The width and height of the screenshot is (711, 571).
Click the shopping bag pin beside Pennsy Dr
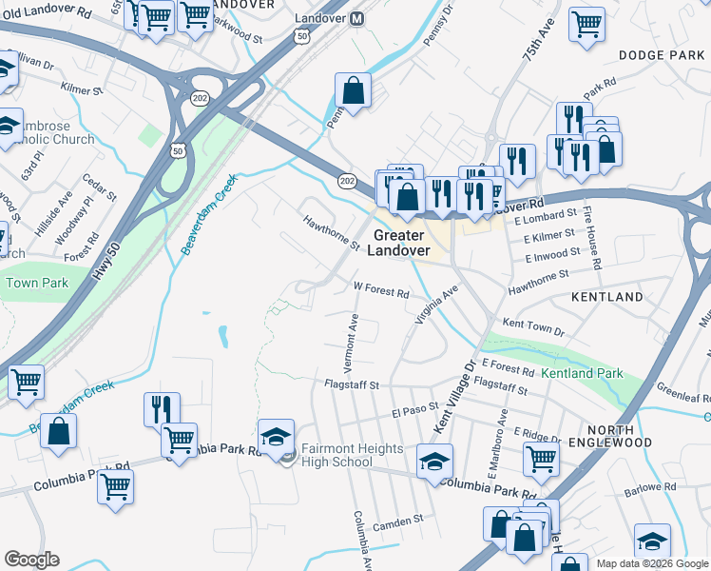[353, 92]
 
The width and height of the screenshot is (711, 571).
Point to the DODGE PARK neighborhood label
[661, 56]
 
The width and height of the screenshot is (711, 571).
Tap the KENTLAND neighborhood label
[607, 298]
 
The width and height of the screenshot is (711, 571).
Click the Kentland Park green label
[582, 374]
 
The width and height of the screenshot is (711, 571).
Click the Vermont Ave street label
[353, 343]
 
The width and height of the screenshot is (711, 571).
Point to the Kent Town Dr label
[532, 328]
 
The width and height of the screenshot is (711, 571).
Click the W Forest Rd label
[380, 289]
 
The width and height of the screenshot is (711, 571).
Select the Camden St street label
[398, 522]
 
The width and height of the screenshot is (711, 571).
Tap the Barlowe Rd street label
[651, 487]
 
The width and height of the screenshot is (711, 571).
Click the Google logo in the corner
[31, 560]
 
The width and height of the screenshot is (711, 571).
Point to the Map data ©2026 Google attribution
[652, 563]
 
